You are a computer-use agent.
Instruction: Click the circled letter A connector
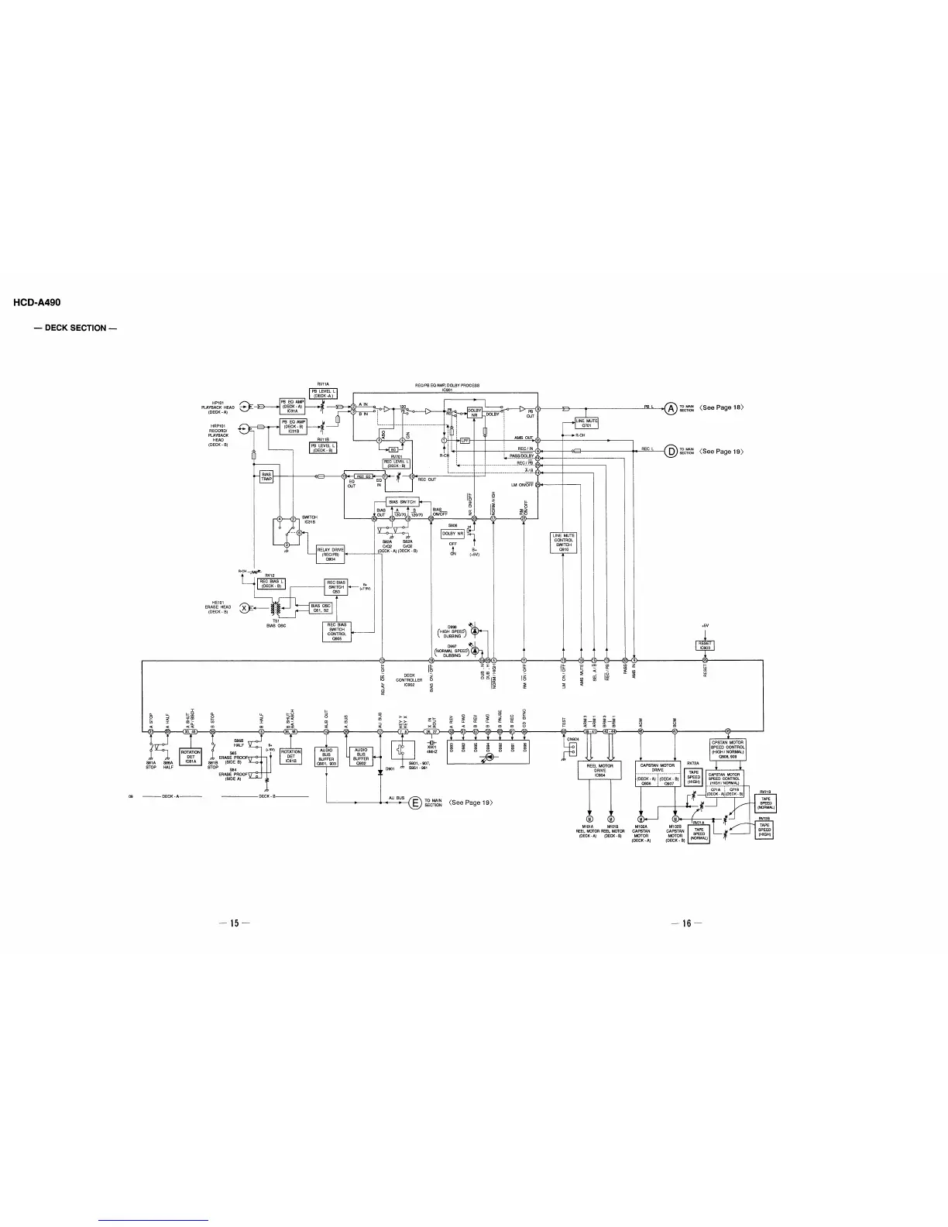pos(670,407)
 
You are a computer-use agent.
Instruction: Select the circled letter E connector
pos(415,803)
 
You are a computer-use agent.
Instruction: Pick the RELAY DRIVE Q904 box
pos(331,554)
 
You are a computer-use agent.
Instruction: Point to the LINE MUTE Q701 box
pos(586,423)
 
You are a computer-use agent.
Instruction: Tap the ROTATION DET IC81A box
pos(191,756)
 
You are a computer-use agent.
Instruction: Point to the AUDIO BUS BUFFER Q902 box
pos(361,755)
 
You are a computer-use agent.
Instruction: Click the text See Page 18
pos(720,407)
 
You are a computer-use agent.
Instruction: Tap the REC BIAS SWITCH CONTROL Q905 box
pos(337,632)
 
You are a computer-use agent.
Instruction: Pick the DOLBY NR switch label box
pos(452,534)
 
